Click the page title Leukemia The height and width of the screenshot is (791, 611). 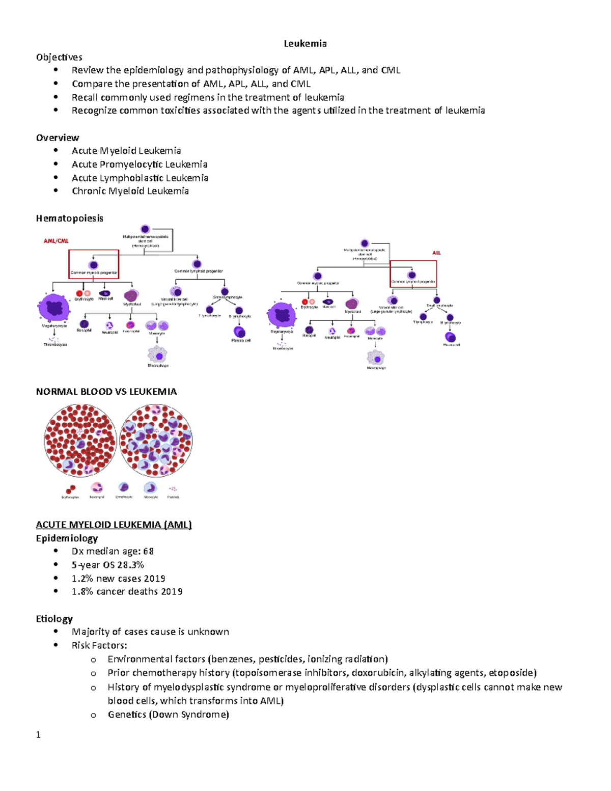(x=305, y=44)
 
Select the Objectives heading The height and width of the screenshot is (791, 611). (x=59, y=57)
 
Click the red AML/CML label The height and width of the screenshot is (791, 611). (x=56, y=241)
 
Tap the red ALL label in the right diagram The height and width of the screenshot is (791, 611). (x=436, y=253)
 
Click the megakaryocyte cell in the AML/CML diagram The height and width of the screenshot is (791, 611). (x=53, y=308)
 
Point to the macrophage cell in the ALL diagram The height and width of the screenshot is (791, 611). (x=376, y=358)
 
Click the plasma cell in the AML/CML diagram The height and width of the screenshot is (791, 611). (x=239, y=332)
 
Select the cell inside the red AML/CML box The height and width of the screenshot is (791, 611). (x=94, y=265)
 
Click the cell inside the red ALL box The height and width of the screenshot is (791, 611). (x=411, y=275)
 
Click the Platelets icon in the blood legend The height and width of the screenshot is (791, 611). (x=173, y=489)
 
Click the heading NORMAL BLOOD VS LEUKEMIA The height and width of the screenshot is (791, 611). (x=106, y=392)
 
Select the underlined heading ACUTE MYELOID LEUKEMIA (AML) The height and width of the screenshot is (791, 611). (x=114, y=525)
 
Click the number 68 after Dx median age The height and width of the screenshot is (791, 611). (x=148, y=551)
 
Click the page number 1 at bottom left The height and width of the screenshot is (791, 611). (x=38, y=734)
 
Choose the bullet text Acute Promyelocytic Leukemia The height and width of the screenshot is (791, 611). (x=140, y=165)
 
